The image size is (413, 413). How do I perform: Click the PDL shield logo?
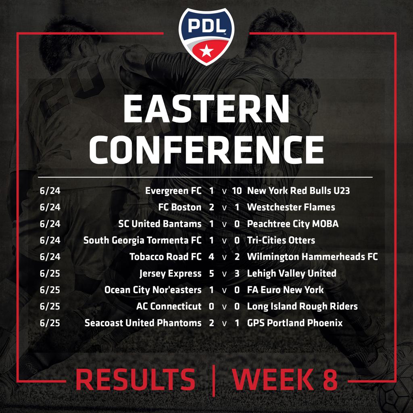coord(206,37)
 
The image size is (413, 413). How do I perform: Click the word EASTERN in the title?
coord(206,109)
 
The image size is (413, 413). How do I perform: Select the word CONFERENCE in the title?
coord(206,150)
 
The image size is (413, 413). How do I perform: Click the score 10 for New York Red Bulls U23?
coord(236,191)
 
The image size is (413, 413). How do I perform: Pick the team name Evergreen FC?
coord(173,191)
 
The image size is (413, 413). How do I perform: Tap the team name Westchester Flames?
coord(291,207)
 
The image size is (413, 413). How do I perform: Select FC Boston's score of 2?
coord(211,207)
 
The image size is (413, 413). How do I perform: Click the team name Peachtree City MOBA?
coord(293,224)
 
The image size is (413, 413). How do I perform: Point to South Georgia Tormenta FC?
coord(142,240)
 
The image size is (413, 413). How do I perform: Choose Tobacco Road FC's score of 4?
coord(211,257)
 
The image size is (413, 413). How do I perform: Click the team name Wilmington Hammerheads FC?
coord(313,257)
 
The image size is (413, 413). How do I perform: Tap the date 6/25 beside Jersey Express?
coord(50,273)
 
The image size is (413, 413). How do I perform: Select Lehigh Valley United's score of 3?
coord(237,273)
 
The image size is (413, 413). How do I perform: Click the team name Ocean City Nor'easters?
coord(153,290)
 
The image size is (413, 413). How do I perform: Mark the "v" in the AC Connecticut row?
coord(224,307)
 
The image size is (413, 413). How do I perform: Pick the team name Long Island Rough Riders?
coord(302,307)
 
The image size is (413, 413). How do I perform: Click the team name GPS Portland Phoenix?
coord(295,323)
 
